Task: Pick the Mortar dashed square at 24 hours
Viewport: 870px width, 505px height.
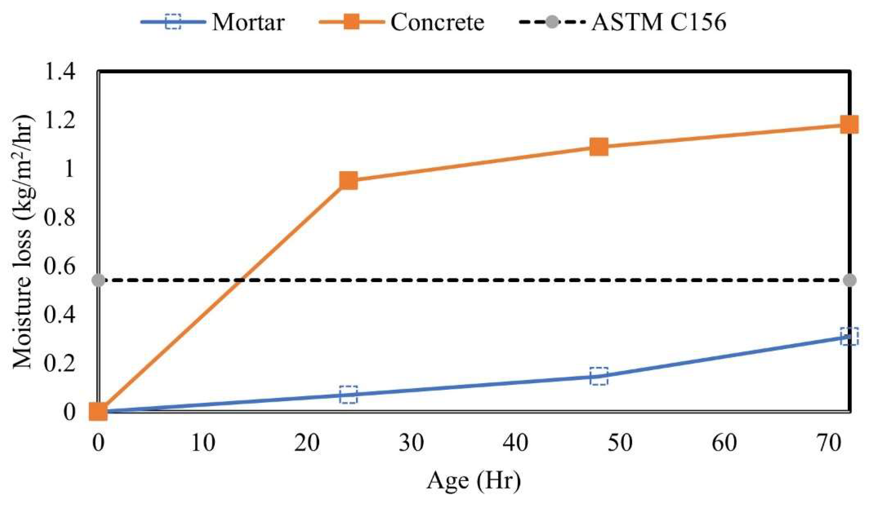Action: pos(348,395)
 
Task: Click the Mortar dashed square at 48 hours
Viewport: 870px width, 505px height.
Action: pos(599,376)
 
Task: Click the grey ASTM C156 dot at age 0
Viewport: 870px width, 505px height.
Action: pos(99,280)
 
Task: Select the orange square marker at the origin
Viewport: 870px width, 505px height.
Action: pos(99,411)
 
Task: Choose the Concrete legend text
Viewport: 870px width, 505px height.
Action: pos(437,23)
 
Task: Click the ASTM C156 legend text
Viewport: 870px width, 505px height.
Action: pos(659,23)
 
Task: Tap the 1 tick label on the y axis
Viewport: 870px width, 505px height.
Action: pos(69,169)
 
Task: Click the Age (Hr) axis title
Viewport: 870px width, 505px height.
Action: pos(473,481)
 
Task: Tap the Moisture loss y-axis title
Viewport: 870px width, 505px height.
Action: pos(23,242)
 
